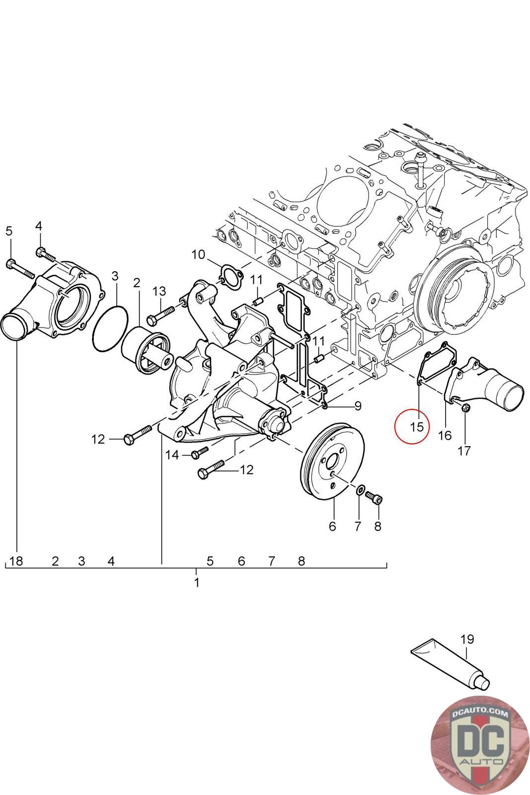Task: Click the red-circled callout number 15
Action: pyautogui.click(x=417, y=426)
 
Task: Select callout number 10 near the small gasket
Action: pyautogui.click(x=198, y=255)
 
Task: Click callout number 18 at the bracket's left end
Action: pyautogui.click(x=16, y=561)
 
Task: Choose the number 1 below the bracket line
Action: pyautogui.click(x=197, y=582)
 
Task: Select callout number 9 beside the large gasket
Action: pyautogui.click(x=358, y=406)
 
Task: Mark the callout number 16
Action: pyautogui.click(x=445, y=435)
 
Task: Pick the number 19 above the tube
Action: pyautogui.click(x=467, y=639)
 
